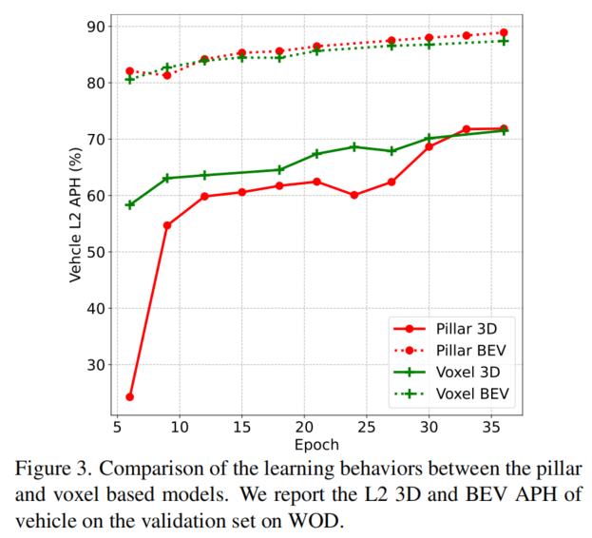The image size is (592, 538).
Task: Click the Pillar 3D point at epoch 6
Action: click(129, 396)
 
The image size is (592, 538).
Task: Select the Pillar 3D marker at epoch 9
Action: click(167, 225)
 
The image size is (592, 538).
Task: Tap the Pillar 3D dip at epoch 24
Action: click(354, 195)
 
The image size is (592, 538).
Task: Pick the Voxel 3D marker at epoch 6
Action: click(130, 204)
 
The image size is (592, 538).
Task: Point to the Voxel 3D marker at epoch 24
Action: click(354, 146)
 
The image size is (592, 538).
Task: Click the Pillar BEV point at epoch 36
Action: click(504, 32)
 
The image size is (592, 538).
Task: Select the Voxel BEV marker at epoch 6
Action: click(130, 79)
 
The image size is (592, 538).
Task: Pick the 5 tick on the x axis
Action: click(117, 427)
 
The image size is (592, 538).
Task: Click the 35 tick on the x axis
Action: click(491, 427)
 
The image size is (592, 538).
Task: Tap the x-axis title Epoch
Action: click(316, 444)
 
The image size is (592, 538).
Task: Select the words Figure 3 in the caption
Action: click(60, 469)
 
